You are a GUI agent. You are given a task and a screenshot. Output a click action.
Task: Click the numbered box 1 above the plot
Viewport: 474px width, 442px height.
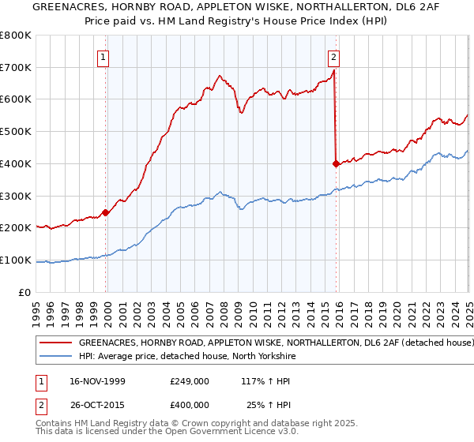(104, 56)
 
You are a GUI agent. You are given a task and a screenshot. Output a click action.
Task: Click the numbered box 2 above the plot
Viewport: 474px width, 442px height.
(334, 56)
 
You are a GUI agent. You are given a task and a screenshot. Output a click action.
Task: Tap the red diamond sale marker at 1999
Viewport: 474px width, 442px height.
(105, 212)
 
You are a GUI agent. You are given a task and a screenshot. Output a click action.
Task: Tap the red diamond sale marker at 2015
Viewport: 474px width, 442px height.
(336, 163)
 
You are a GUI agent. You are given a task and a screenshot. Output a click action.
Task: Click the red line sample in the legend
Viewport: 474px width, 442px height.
(55, 343)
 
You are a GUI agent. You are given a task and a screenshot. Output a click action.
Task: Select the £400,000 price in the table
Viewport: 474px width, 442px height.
(189, 406)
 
